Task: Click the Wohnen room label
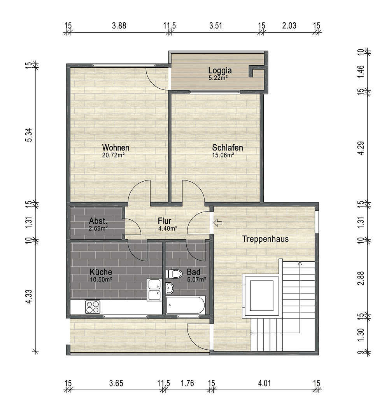pos(116,148)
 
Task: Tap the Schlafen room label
pos(228,148)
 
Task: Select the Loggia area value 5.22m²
pos(218,78)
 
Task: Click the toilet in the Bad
pos(174,274)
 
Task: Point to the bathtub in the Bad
pos(186,305)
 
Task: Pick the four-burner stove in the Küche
pos(93,307)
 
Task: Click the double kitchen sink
pos(154,290)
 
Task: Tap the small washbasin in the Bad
pos(170,289)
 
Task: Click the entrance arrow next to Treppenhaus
pos(218,223)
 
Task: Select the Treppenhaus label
pos(265,239)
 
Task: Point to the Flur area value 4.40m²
pos(168,228)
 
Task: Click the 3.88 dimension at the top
pos(119,26)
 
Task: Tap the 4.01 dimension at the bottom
pos(264,383)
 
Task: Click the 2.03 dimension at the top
pos(289,26)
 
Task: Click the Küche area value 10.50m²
pos(101,279)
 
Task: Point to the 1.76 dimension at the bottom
pos(187,383)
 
